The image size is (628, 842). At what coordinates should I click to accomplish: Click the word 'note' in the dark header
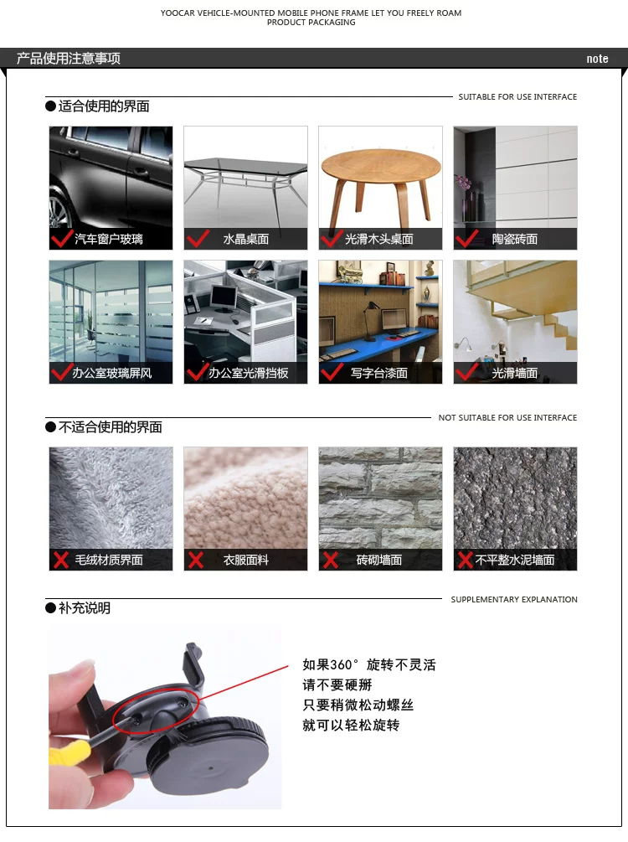(x=597, y=59)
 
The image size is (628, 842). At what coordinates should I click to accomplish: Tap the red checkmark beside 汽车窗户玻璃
(x=62, y=238)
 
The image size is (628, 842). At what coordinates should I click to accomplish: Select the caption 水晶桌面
(x=246, y=239)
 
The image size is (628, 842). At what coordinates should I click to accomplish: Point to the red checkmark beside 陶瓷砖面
(x=466, y=238)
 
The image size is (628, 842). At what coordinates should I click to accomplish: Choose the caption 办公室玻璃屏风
(x=112, y=373)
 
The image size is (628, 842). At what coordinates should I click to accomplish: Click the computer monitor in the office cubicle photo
(x=224, y=297)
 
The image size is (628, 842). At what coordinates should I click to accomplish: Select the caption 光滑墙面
(x=515, y=373)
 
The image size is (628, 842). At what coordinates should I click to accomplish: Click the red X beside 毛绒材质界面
(x=60, y=560)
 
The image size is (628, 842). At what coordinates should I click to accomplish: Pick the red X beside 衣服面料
(x=196, y=560)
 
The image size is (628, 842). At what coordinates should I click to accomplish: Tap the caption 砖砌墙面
(x=379, y=560)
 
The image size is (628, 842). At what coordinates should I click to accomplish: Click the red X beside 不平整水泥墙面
(x=465, y=560)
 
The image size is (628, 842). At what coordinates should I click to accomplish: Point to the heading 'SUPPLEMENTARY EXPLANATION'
(x=514, y=599)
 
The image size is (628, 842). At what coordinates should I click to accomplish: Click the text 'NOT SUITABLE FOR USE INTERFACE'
(x=507, y=418)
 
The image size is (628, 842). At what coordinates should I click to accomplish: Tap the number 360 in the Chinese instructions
(x=341, y=664)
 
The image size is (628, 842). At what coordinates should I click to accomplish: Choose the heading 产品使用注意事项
(x=68, y=58)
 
